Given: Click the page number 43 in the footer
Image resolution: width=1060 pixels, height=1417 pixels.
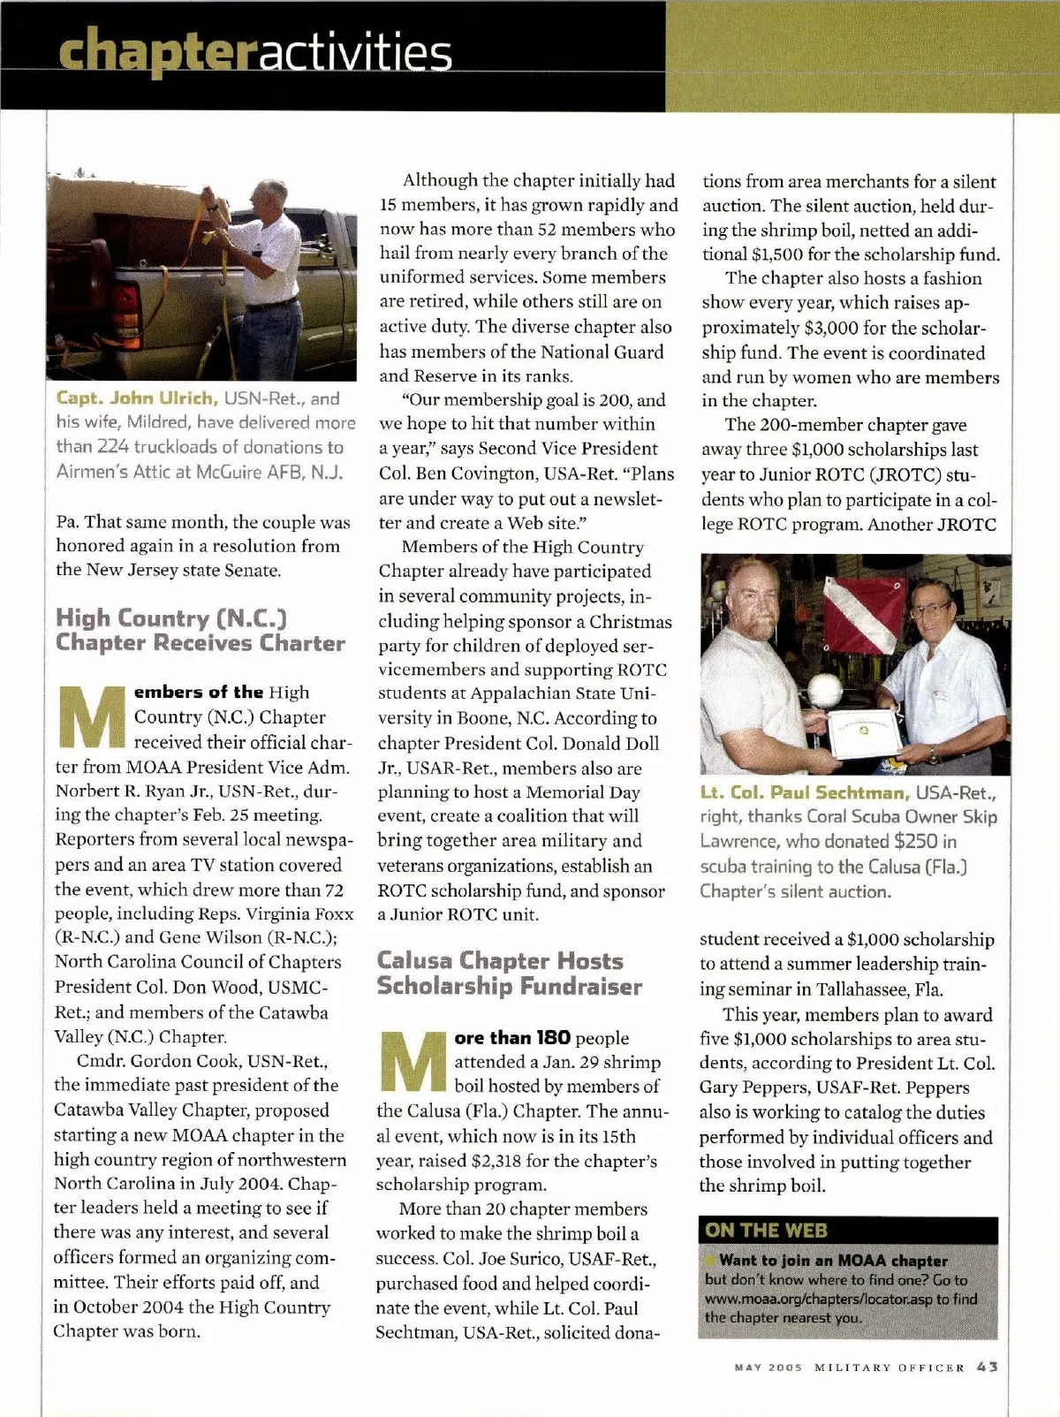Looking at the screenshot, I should click(x=988, y=1367).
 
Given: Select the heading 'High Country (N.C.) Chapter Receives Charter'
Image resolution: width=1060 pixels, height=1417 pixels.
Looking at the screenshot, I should click(x=201, y=630).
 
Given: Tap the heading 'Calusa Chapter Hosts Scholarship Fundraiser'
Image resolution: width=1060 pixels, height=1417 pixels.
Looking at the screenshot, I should click(x=509, y=974).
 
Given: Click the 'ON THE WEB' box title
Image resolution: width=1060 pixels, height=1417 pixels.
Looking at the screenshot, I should click(x=766, y=1231).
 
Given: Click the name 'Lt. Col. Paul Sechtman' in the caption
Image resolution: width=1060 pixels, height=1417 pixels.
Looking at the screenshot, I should click(x=805, y=792).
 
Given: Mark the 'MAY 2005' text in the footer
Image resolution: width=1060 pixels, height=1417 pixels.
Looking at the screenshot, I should click(x=768, y=1368).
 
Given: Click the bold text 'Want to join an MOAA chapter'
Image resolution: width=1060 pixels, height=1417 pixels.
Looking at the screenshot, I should click(x=833, y=1261).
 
